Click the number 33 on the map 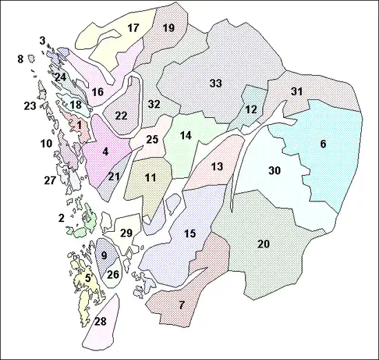[216, 83]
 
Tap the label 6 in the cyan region [322, 144]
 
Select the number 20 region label [263, 244]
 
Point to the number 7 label [181, 305]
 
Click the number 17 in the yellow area [133, 28]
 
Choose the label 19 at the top [168, 28]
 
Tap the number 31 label [297, 91]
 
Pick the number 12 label [251, 109]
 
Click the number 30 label [275, 170]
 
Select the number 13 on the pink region [217, 167]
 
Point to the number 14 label [185, 136]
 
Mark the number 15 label [190, 234]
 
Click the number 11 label [150, 178]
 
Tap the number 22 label [121, 115]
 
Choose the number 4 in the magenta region [105, 151]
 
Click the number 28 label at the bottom [101, 322]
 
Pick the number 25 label [152, 140]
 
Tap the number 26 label [114, 274]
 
